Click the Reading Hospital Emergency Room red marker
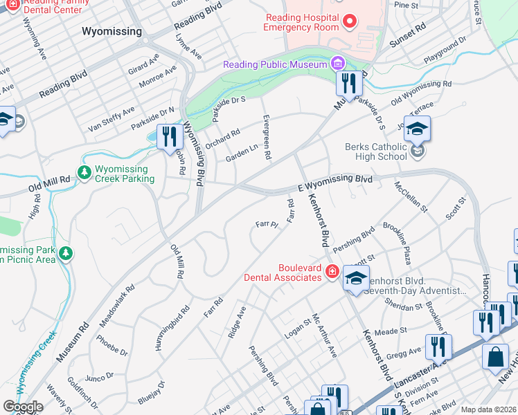(x=349, y=21)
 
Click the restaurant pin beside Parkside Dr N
(x=169, y=136)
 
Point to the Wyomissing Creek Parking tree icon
(x=84, y=172)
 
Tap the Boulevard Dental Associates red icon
(x=332, y=272)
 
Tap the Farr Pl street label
(x=266, y=225)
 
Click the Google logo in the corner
(x=23, y=407)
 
